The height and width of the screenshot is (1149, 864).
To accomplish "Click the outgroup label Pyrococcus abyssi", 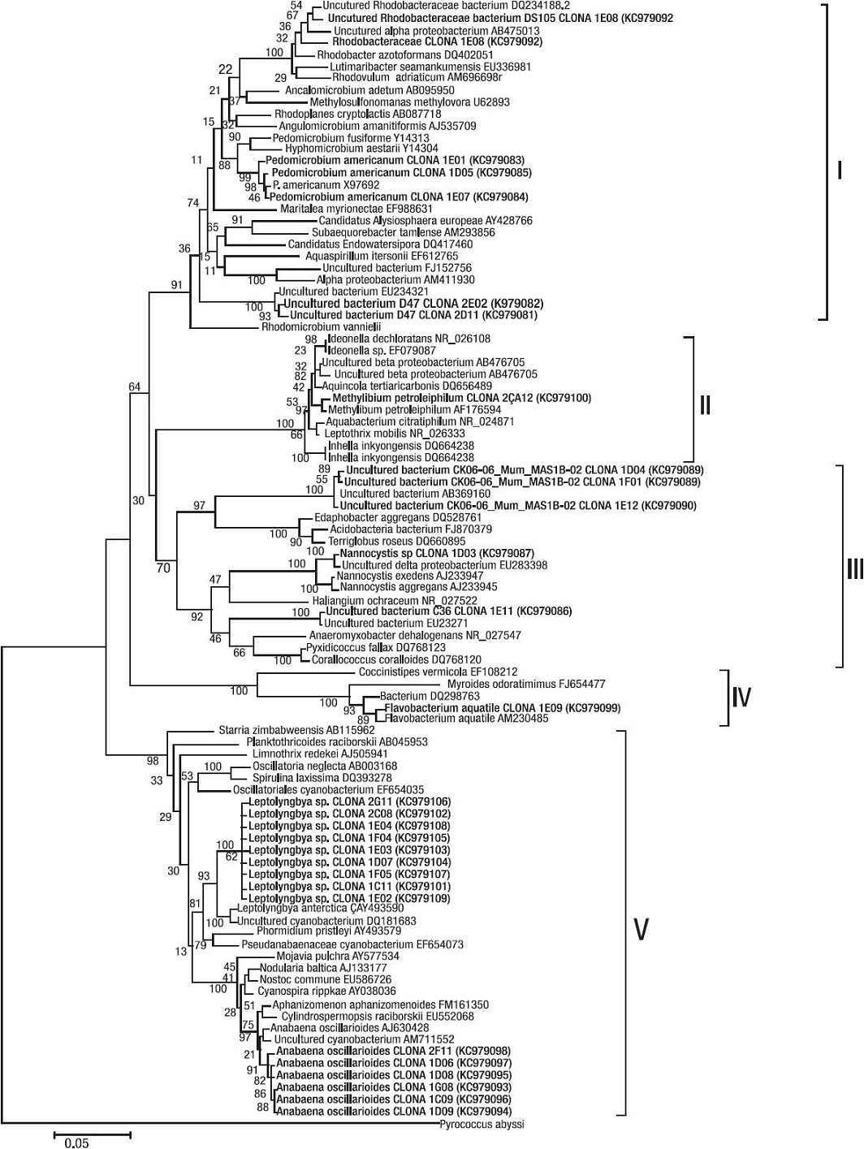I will click(x=482, y=1125).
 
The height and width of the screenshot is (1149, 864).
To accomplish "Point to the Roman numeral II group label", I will click(x=705, y=404).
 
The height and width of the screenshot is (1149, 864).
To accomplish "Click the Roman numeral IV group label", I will click(x=741, y=697).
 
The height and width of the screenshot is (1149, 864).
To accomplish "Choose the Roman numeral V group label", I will click(x=641, y=931).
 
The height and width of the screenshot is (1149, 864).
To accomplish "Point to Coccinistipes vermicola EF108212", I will click(x=437, y=672).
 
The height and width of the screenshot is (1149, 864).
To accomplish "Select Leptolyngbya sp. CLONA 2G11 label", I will click(x=351, y=801).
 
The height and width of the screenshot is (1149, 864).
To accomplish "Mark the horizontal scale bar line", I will click(x=93, y=1130).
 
